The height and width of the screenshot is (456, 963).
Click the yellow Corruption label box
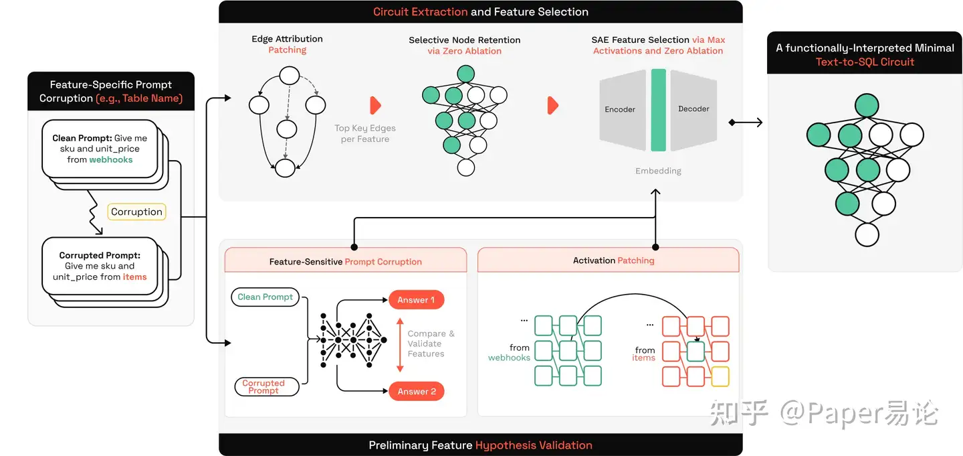coord(136,212)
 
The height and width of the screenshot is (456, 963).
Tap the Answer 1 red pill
coord(416,300)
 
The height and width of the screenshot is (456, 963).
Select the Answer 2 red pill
coord(416,391)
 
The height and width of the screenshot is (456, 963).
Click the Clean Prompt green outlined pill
coord(265,297)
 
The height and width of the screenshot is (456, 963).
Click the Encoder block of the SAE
coord(621,109)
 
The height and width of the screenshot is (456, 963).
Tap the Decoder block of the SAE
coord(693,109)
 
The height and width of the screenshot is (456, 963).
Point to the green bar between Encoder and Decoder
coord(658,109)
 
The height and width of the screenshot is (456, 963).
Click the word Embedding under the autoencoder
coord(658,171)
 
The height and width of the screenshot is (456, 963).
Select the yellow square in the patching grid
coord(720,376)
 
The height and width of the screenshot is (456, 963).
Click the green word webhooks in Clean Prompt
coord(110,159)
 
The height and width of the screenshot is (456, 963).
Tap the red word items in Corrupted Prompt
coord(134,277)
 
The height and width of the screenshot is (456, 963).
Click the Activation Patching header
coord(613,260)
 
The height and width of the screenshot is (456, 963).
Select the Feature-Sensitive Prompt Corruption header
coord(345,261)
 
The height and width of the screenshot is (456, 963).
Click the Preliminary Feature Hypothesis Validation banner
coord(480,445)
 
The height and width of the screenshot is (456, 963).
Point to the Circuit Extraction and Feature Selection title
coord(480,11)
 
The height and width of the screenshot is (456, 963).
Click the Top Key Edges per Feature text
coord(365,133)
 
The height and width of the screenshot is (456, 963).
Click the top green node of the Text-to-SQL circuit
coord(866,105)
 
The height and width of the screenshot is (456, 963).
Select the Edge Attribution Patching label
coord(287,44)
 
